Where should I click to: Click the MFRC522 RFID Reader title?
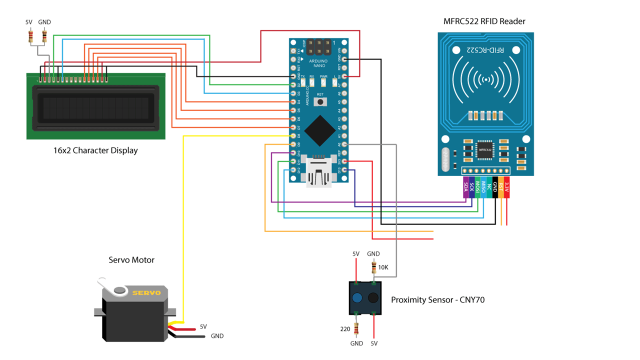coord(484,21)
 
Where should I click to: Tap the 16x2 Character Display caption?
coord(95,150)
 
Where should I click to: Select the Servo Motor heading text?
coord(131,260)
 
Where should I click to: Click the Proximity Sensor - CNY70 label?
coord(437,300)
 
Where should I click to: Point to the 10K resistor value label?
coord(383,267)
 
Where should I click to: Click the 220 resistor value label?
coord(345,329)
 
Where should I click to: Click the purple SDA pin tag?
coord(466,187)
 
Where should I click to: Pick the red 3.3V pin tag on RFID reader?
coord(506,187)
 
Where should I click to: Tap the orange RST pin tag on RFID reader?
coord(500,187)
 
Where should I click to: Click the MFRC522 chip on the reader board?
coord(483,149)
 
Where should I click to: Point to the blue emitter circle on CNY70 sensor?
coord(357,298)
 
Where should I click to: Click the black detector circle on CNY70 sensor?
coord(373,298)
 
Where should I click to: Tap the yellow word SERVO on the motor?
coord(146,292)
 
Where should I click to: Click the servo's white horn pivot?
coord(119,290)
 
